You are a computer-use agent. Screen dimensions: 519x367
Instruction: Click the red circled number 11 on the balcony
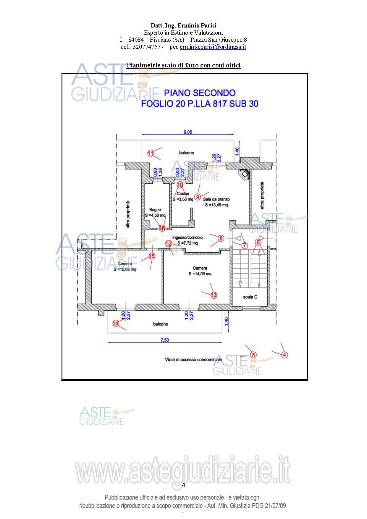(x=151, y=153)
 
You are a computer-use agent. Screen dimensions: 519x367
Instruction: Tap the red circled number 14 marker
(x=116, y=323)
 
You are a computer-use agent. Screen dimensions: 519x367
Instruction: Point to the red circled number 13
(x=214, y=295)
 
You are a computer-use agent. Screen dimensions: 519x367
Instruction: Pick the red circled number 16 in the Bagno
(x=162, y=228)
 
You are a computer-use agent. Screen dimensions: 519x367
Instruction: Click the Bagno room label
(x=155, y=210)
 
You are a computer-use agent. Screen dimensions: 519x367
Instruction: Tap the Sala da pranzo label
(x=216, y=199)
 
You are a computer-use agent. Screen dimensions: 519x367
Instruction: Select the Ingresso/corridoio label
(x=187, y=237)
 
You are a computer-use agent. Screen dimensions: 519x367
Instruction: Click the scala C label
(x=250, y=297)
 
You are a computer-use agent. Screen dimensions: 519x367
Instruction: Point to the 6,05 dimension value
(x=188, y=132)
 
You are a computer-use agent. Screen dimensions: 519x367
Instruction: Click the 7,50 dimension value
(x=164, y=340)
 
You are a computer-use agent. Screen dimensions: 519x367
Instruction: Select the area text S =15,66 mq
(x=125, y=269)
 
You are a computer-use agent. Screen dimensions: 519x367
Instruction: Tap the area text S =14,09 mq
(x=200, y=274)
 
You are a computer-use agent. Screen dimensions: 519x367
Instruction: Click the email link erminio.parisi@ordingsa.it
(x=213, y=47)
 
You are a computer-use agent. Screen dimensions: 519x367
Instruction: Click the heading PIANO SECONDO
(x=200, y=93)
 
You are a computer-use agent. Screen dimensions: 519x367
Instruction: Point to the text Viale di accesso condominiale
(x=193, y=360)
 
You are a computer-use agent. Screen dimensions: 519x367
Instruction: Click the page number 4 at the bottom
(x=183, y=485)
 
